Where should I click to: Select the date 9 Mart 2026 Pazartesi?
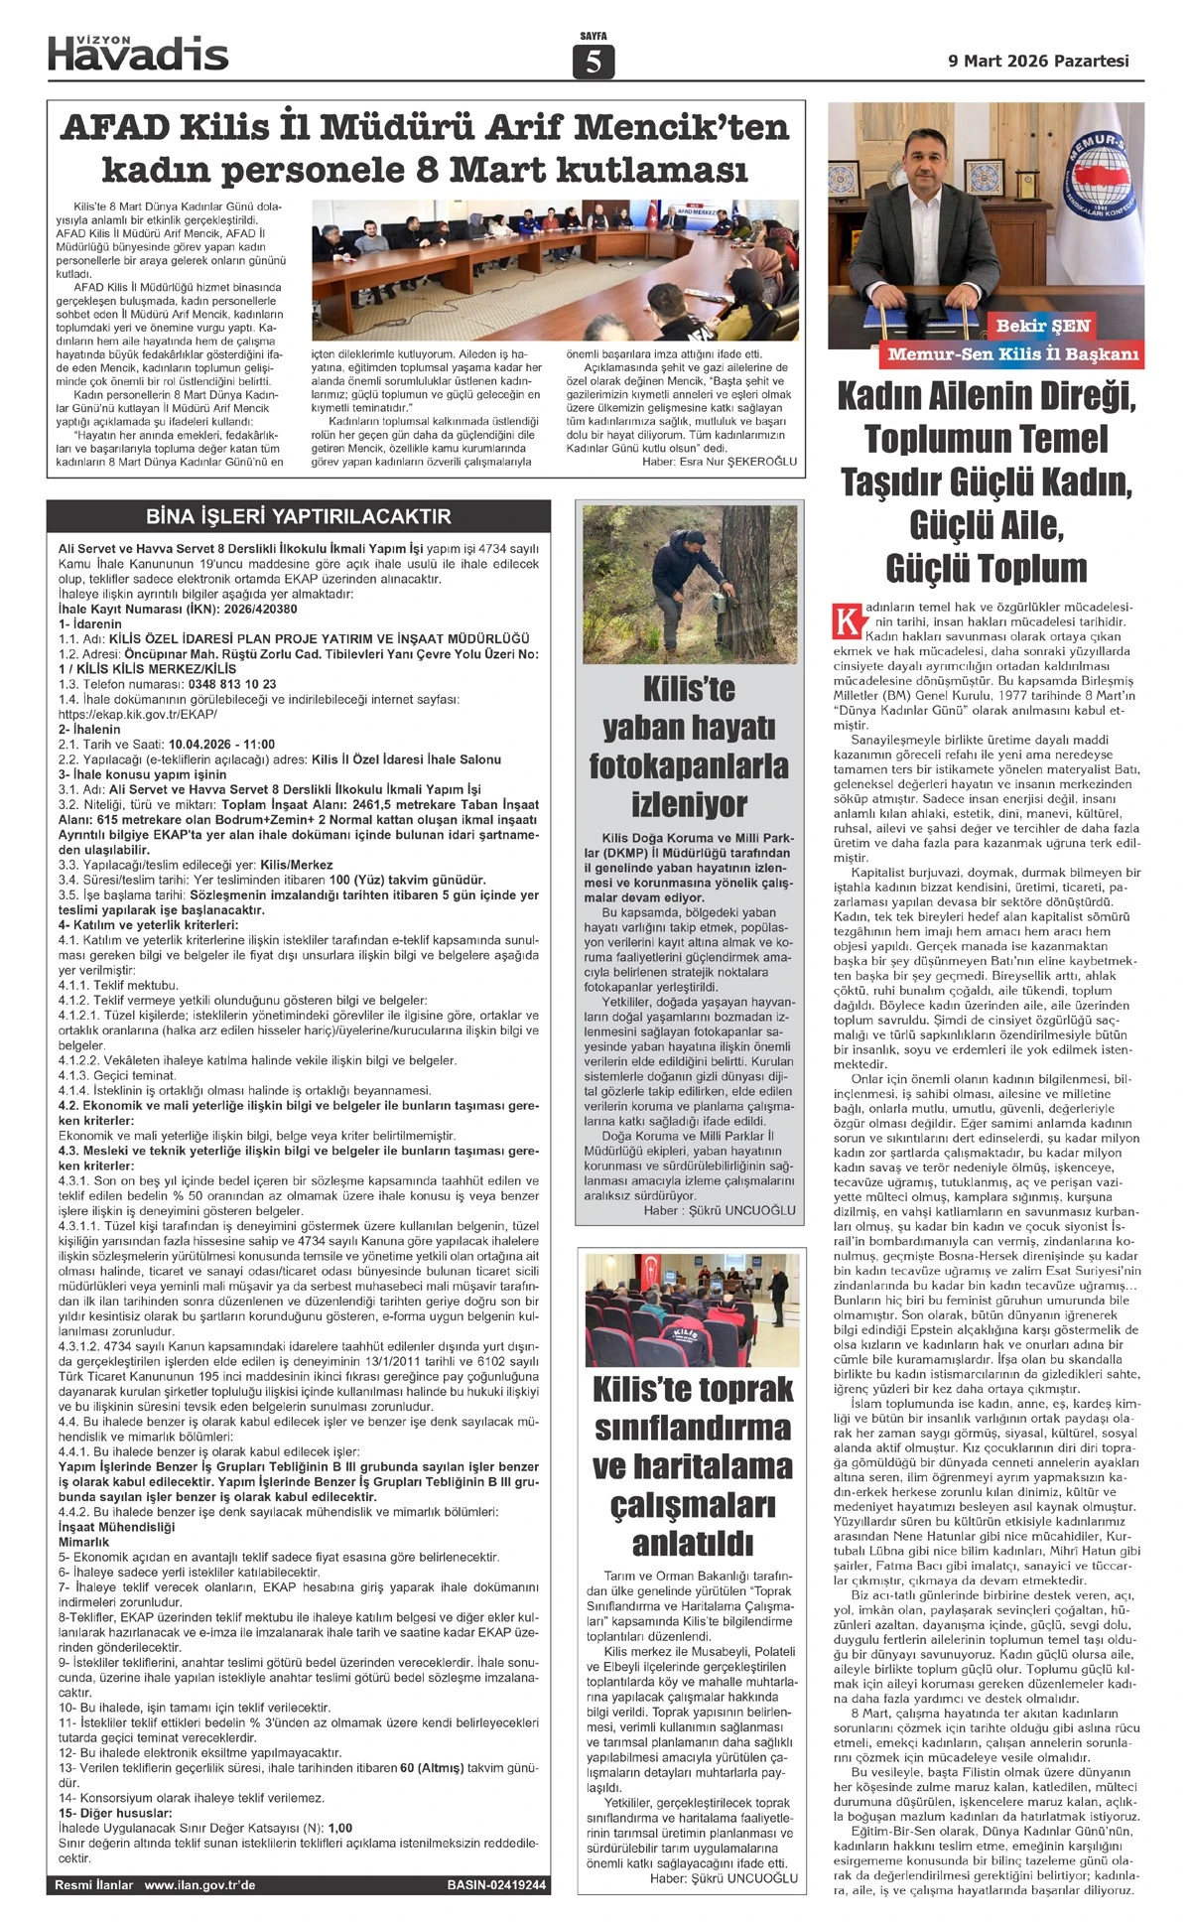[1038, 61]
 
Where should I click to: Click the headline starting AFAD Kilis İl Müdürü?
[425, 148]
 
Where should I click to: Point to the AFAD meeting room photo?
[555, 270]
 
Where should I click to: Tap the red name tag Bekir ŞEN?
[1043, 326]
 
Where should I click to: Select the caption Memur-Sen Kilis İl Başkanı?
[1013, 354]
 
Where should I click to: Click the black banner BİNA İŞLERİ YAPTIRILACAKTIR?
[299, 516]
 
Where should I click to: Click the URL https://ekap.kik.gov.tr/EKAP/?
[138, 714]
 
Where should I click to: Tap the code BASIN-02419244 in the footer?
[496, 1885]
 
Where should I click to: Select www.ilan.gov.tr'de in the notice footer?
[199, 1885]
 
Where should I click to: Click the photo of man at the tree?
[690, 585]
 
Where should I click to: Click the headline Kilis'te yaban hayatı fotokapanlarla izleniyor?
[689, 747]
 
